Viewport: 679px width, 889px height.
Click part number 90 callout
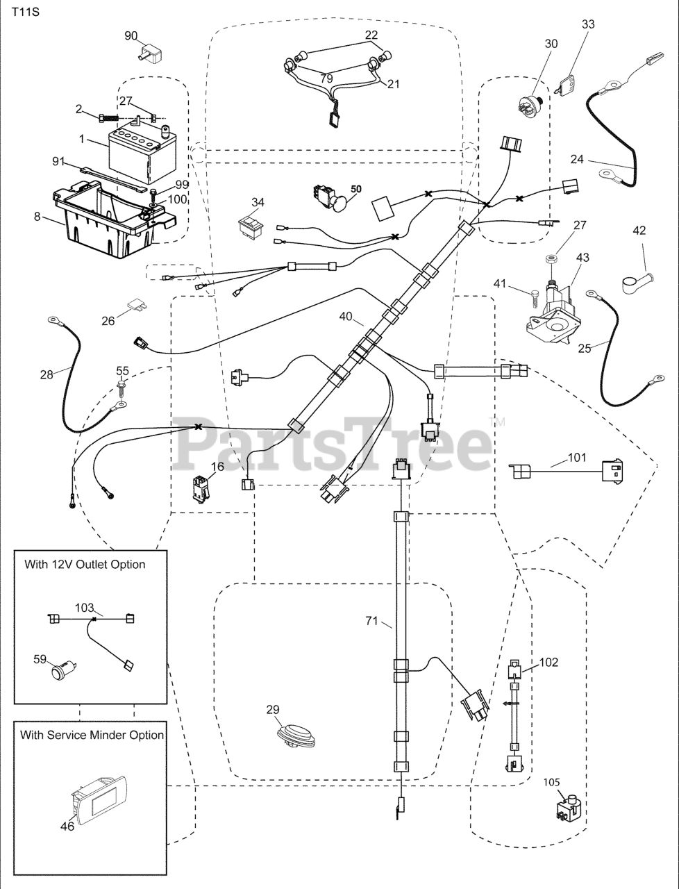131,35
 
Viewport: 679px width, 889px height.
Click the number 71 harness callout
371,620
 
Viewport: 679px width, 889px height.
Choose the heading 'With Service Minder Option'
92,735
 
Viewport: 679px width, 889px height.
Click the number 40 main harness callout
346,317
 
